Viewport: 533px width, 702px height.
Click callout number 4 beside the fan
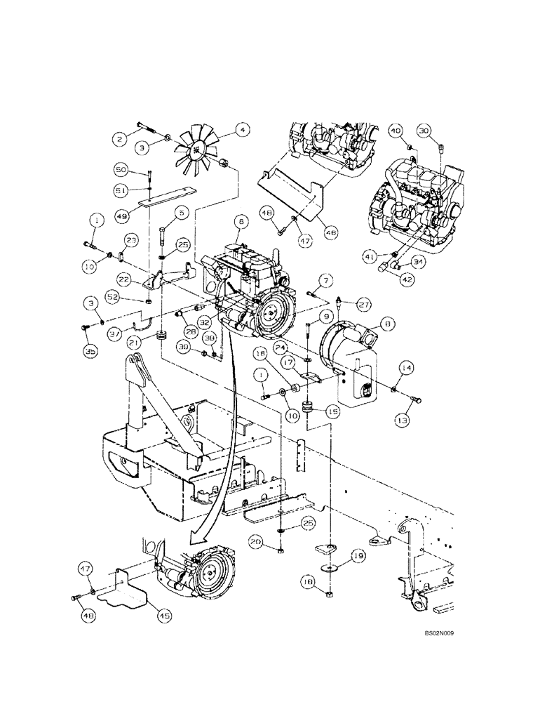242,129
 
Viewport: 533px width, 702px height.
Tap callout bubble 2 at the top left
120,140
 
